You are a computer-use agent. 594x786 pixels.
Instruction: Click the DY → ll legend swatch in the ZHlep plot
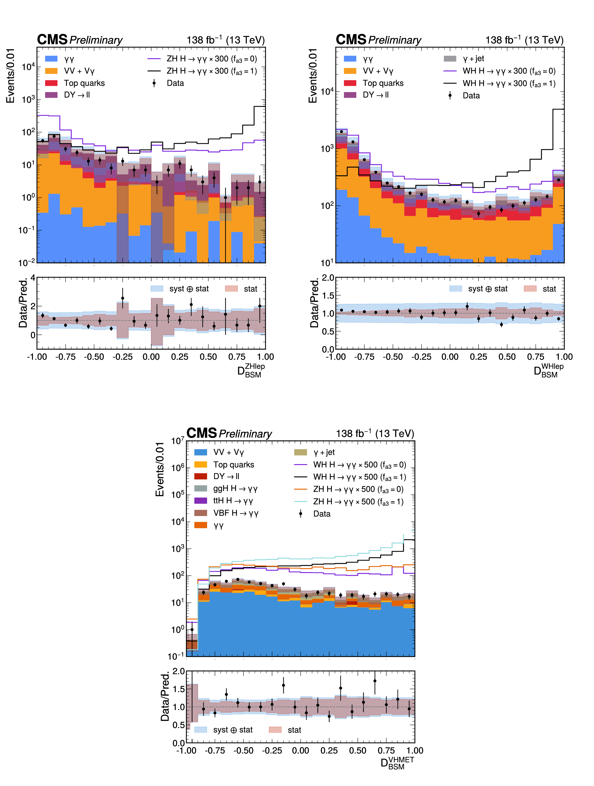coord(51,95)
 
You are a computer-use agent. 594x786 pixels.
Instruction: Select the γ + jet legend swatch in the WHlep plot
coord(450,59)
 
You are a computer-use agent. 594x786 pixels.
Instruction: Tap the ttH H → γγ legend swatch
coord(201,501)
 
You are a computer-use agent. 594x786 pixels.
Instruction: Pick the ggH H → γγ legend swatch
coord(201,489)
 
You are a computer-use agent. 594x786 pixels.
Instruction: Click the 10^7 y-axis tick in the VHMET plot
coord(178,441)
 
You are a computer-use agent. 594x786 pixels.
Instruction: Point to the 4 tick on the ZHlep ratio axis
coord(33,278)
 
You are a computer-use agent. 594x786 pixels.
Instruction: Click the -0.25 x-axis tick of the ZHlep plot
coord(122,357)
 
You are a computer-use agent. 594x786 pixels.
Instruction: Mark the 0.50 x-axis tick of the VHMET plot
coord(357,750)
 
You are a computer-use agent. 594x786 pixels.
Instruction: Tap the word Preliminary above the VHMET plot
coord(245,434)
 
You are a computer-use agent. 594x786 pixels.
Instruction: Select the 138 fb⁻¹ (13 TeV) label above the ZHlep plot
coord(225,40)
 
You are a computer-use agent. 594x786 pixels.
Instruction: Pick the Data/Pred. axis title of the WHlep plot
coord(314,303)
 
